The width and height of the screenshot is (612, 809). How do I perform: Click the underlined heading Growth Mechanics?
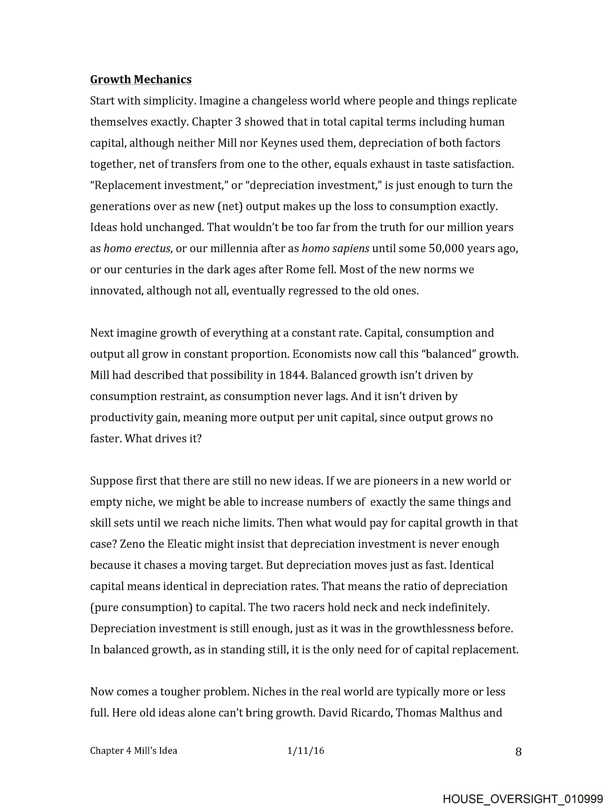[x=141, y=79]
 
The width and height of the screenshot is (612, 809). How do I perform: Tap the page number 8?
[x=518, y=752]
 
